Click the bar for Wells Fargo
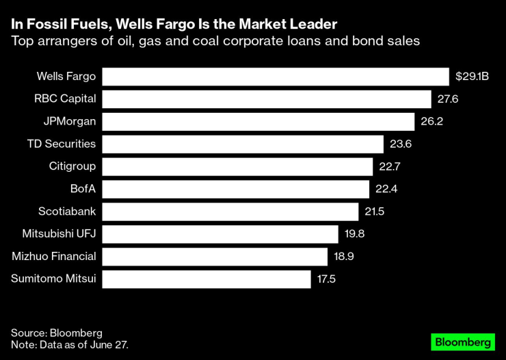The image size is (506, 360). (x=276, y=77)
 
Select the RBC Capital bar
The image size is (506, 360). (x=267, y=99)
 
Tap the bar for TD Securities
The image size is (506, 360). (x=243, y=144)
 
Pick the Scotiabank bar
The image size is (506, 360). (x=230, y=211)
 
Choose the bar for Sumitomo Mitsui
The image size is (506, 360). (x=207, y=279)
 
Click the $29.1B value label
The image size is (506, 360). (x=472, y=77)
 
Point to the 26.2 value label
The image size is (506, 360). (x=431, y=122)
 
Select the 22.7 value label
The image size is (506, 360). (x=389, y=166)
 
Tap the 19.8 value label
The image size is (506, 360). (x=354, y=234)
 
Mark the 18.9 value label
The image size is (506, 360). (x=343, y=257)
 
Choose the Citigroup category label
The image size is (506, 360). (x=72, y=166)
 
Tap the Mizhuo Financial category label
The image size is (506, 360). (x=54, y=257)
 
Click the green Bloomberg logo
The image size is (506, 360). (x=462, y=342)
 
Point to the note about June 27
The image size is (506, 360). (x=70, y=345)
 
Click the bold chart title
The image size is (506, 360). (x=174, y=25)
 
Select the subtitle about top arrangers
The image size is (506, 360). (x=215, y=41)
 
